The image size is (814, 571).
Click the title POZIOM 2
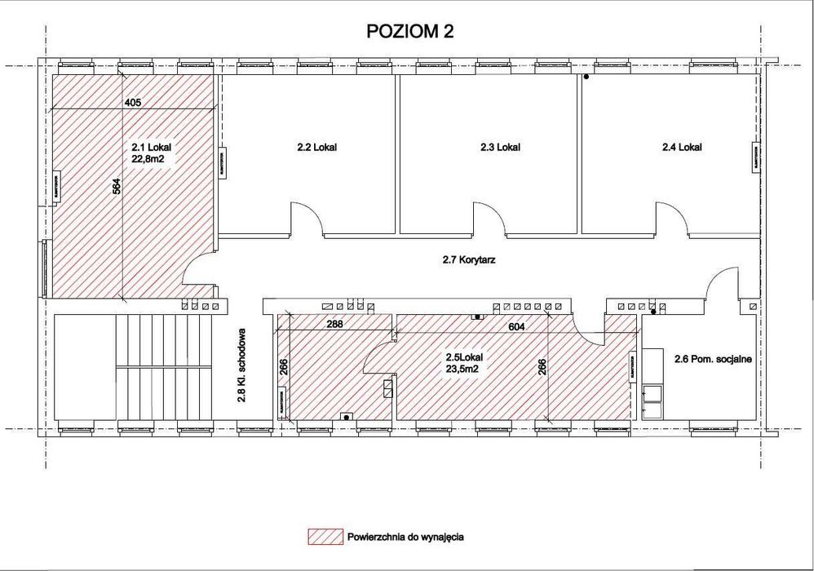410,32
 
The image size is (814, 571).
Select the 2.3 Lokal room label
500,148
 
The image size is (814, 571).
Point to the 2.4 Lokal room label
682,148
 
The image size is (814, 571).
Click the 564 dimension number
115,187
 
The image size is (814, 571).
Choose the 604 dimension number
515,326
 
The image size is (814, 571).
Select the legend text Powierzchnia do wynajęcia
405,537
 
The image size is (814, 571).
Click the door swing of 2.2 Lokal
307,219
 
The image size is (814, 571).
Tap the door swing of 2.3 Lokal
489,219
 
